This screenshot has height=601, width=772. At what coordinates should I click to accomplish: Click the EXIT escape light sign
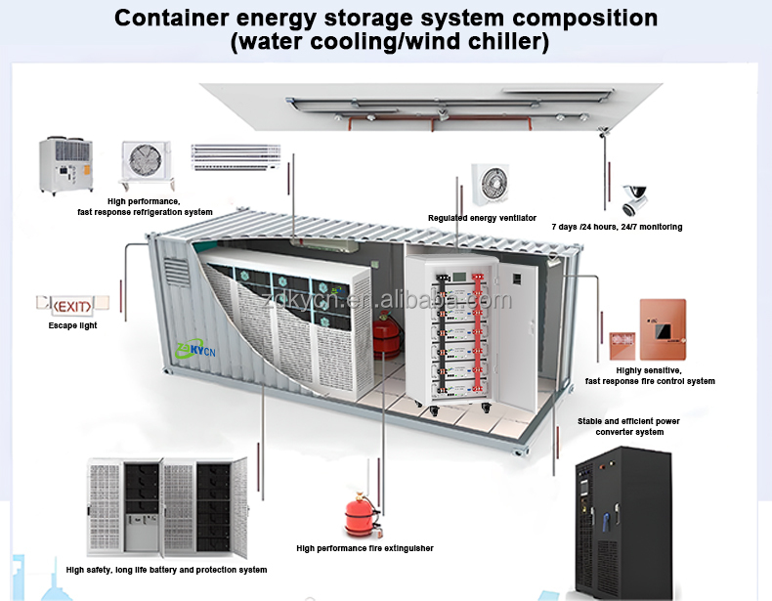coord(66,305)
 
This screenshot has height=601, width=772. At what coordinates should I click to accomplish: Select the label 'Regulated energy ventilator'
coord(482,217)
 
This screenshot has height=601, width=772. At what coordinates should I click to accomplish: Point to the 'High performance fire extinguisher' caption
coord(365,548)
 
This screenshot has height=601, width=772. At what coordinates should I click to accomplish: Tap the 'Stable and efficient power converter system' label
coord(628,426)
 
